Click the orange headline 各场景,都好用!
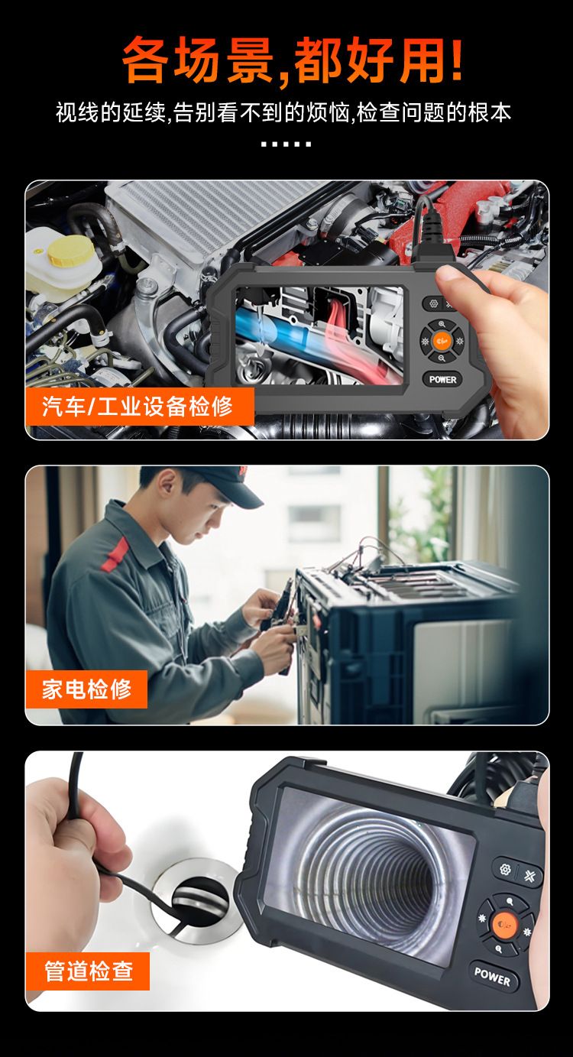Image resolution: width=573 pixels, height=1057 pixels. [292, 60]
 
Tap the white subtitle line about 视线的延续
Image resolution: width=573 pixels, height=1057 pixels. [283, 113]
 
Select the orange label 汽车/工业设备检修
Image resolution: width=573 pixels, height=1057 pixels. [138, 406]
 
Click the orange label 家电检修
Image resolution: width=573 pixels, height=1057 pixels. [86, 689]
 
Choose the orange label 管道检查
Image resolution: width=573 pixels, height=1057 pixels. [88, 971]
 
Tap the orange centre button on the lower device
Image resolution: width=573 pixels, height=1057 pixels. [501, 924]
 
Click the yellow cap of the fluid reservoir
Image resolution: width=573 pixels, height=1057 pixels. [70, 249]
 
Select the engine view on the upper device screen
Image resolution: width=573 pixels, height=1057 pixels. [319, 335]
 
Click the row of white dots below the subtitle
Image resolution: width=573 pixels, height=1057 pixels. [286, 144]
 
